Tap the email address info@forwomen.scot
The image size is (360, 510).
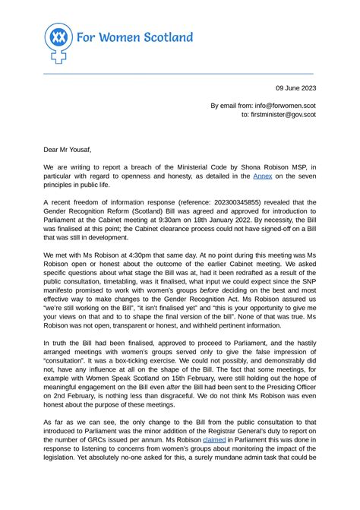pyautogui.click(x=278, y=106)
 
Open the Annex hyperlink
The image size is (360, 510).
pyautogui.click(x=263, y=176)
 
